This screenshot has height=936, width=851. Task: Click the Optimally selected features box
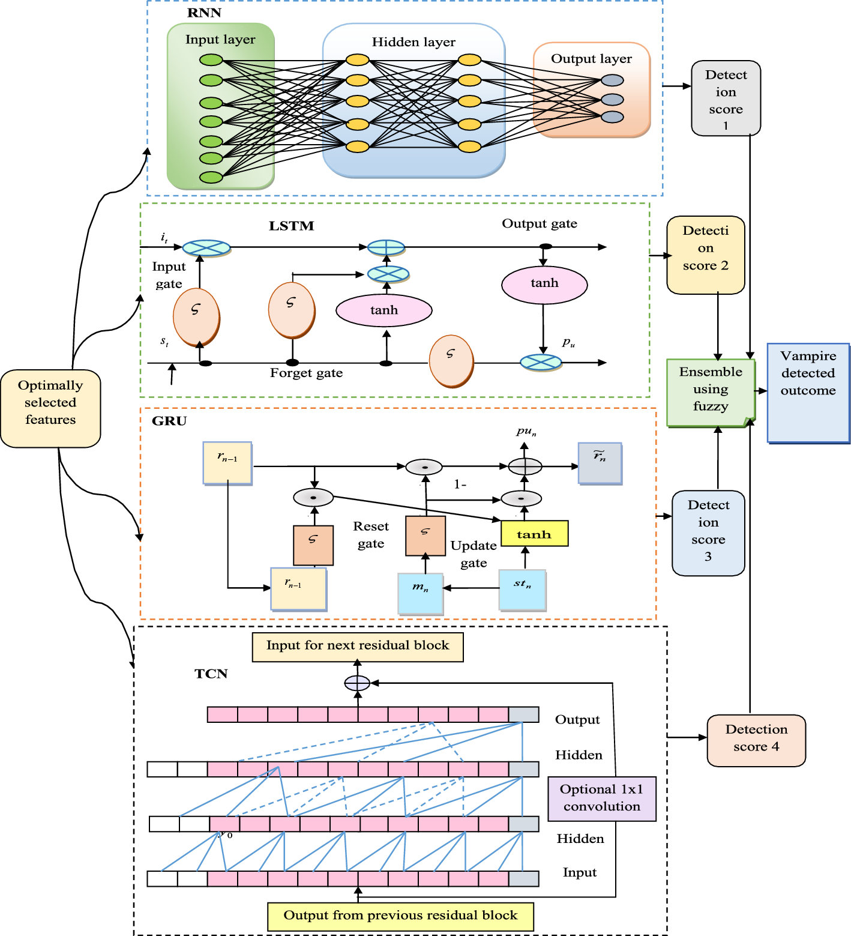(50, 408)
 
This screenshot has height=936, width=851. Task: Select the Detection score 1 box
(726, 98)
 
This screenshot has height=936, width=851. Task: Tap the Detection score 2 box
(706, 255)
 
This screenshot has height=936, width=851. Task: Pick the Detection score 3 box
(708, 533)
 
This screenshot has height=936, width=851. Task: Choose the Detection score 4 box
(756, 740)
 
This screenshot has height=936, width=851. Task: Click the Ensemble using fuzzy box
(711, 393)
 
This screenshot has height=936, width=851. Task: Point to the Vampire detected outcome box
(808, 393)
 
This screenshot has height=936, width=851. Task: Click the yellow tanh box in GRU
(534, 534)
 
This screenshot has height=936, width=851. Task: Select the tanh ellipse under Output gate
(544, 284)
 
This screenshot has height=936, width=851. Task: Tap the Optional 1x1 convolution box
(601, 799)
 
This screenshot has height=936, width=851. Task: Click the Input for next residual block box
(358, 647)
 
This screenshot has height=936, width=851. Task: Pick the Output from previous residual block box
(400, 916)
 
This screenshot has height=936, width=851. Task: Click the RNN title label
(204, 13)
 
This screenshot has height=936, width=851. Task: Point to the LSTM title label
(291, 226)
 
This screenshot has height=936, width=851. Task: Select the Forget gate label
(306, 373)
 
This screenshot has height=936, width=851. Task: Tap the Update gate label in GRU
(474, 554)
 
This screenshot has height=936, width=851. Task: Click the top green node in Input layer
(211, 60)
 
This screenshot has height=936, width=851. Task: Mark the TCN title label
(211, 674)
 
